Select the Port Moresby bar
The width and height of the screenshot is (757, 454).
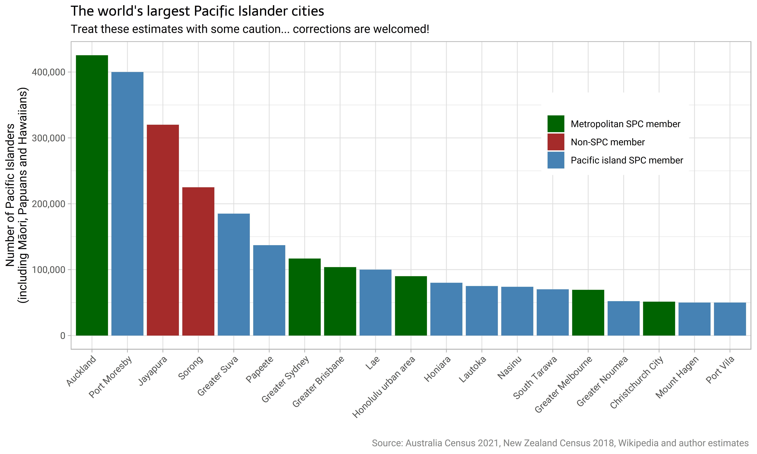[127, 204]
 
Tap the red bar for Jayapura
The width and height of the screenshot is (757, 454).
[163, 230]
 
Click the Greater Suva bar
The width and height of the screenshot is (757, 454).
[234, 274]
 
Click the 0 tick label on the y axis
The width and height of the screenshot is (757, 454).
[63, 336]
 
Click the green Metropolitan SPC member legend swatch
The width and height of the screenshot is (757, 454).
[556, 124]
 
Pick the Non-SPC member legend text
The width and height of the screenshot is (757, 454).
[608, 142]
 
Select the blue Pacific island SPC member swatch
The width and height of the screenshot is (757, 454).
[556, 160]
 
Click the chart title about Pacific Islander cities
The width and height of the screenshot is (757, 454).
[197, 11]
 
